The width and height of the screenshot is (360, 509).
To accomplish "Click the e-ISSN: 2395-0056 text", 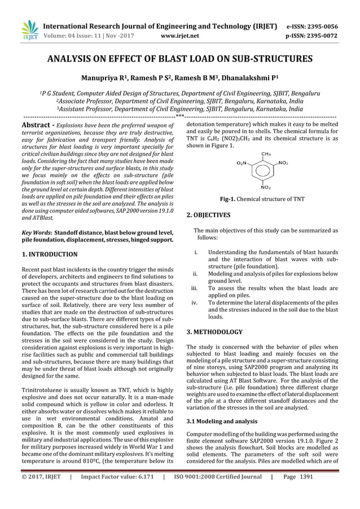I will click(x=319, y=26).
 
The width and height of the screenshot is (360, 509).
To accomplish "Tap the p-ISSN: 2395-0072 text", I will click(x=319, y=36).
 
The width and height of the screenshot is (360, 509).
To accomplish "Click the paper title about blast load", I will click(x=179, y=59).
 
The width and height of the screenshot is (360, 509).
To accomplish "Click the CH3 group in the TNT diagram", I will click(x=265, y=153).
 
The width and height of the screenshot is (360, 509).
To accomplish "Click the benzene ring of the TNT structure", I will click(x=264, y=169).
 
